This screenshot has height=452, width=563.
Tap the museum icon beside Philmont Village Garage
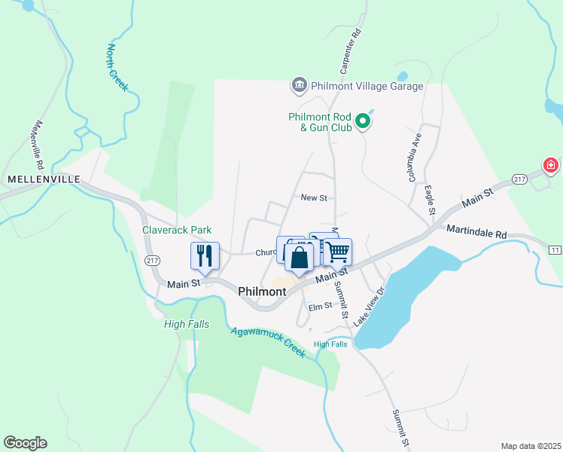pos(300,84)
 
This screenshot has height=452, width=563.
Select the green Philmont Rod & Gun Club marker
pos(363,121)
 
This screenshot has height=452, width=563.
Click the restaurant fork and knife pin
pos(205,255)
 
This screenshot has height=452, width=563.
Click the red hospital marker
pos(551,165)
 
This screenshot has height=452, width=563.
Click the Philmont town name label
pos(261,291)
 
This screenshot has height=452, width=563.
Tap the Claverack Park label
pos(178,230)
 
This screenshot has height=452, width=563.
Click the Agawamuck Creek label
pos(268,341)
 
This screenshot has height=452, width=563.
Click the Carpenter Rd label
pos(351,52)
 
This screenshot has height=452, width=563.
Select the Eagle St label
pos(430,200)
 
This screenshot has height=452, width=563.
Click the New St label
pos(314,198)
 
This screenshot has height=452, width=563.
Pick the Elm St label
pos(320,306)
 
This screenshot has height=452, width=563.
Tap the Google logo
pos(25,443)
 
